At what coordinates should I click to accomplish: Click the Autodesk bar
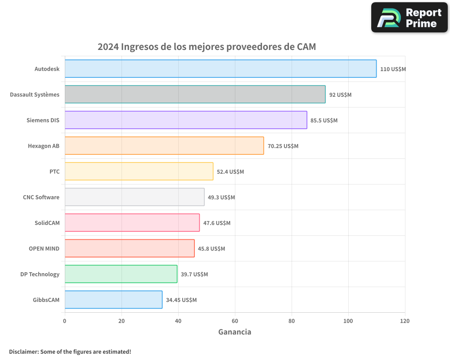click(220, 69)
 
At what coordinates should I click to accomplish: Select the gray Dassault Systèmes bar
click(195, 94)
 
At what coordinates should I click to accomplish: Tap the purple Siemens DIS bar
click(186, 120)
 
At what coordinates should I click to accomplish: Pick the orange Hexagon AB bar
click(164, 146)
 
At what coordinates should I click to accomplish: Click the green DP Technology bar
click(121, 274)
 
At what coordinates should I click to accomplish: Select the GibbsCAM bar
click(113, 300)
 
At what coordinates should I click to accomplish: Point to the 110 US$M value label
click(393, 69)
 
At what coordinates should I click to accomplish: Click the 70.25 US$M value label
click(283, 146)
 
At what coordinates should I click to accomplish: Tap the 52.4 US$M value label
click(230, 172)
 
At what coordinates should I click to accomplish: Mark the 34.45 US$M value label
click(181, 300)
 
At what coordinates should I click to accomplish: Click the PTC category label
click(54, 171)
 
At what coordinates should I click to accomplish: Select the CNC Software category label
click(41, 197)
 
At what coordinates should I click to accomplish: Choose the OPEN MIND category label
click(44, 248)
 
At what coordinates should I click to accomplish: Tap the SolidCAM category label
click(47, 223)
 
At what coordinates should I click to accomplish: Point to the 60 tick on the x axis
click(235, 321)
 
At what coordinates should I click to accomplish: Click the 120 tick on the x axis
click(405, 321)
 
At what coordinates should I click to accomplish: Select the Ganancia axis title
click(234, 332)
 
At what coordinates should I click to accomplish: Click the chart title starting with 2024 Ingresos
click(207, 47)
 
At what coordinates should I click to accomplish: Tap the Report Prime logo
click(409, 18)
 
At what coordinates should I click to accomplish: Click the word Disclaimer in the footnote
click(23, 351)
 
